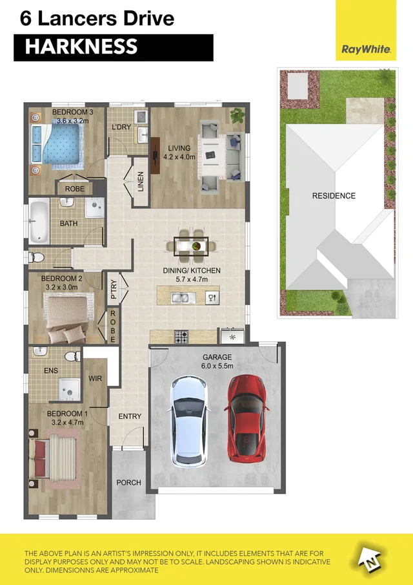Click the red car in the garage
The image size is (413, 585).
[246, 418]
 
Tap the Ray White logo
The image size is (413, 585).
[366, 49]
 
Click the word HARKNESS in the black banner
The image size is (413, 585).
[81, 47]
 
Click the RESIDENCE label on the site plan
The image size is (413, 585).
[334, 196]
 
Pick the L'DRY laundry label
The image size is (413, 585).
[122, 127]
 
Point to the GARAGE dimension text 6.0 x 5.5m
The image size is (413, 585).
[217, 366]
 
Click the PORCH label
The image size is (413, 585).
[128, 483]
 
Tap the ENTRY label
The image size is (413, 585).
[130, 416]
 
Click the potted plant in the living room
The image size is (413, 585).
[237, 117]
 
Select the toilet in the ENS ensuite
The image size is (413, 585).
[72, 356]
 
